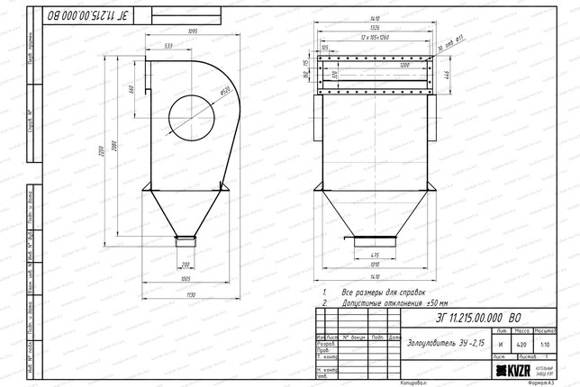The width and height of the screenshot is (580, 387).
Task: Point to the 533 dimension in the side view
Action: (168, 45)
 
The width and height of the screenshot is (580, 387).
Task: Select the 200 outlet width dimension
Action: (186, 265)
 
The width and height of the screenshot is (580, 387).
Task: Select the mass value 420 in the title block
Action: (521, 344)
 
